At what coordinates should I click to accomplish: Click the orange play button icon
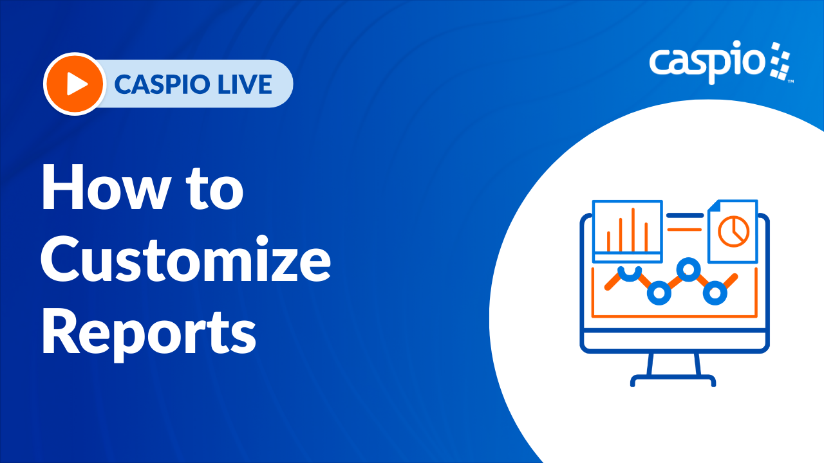coord(75,84)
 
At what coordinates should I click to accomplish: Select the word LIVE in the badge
coord(245,84)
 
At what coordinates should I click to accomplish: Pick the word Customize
coord(186,259)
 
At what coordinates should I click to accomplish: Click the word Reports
coord(149,332)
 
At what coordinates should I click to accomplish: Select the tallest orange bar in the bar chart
coord(633,230)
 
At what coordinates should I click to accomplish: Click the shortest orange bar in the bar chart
coord(608,241)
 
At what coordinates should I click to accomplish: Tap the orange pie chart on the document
coord(733,232)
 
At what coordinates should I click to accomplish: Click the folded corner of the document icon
coord(713,206)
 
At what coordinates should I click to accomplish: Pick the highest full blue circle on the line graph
coord(688,269)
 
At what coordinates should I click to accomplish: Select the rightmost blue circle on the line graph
coord(715,293)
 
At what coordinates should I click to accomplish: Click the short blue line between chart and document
coord(685,215)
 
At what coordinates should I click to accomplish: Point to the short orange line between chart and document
coord(684,230)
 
